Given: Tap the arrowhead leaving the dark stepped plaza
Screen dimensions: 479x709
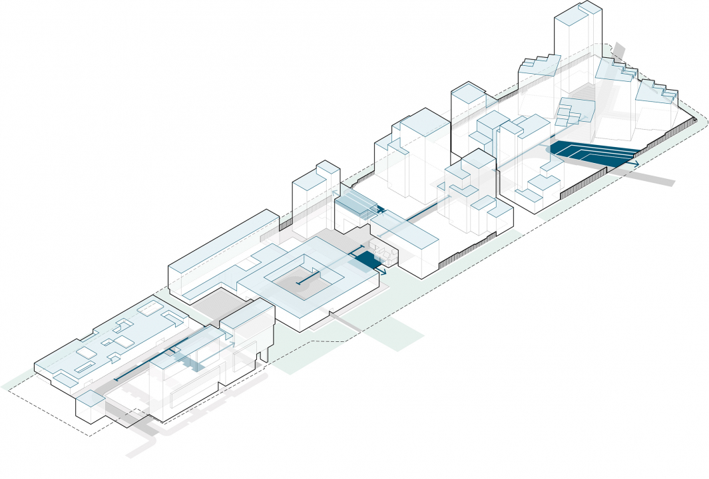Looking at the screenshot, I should pyautogui.click(x=636, y=164).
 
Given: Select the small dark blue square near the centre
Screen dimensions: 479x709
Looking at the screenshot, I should pyautogui.click(x=367, y=260).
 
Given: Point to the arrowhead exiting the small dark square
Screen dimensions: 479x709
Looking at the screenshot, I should pyautogui.click(x=384, y=271).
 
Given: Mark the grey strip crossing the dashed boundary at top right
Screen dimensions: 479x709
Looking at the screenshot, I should pyautogui.click(x=618, y=51).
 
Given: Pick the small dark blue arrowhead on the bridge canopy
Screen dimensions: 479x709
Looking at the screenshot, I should pyautogui.click(x=381, y=210).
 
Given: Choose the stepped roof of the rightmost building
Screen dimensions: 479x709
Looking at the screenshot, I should pyautogui.click(x=656, y=92).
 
